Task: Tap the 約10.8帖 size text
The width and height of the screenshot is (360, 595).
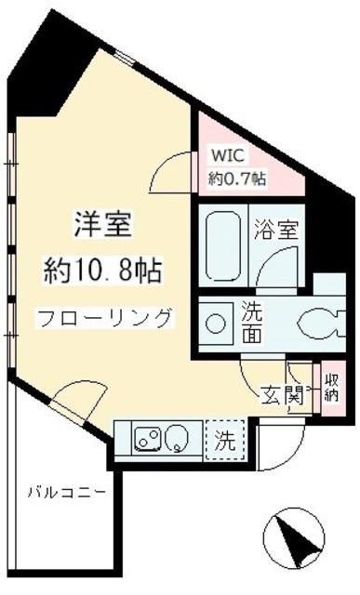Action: pyautogui.click(x=103, y=271)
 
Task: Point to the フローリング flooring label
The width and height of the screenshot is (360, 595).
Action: pyautogui.click(x=104, y=318)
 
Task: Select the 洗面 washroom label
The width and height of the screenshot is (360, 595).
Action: pyautogui.click(x=252, y=322)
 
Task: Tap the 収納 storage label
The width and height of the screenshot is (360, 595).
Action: pyautogui.click(x=331, y=389)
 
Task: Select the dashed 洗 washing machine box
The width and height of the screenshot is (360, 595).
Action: pyautogui.click(x=225, y=436)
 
